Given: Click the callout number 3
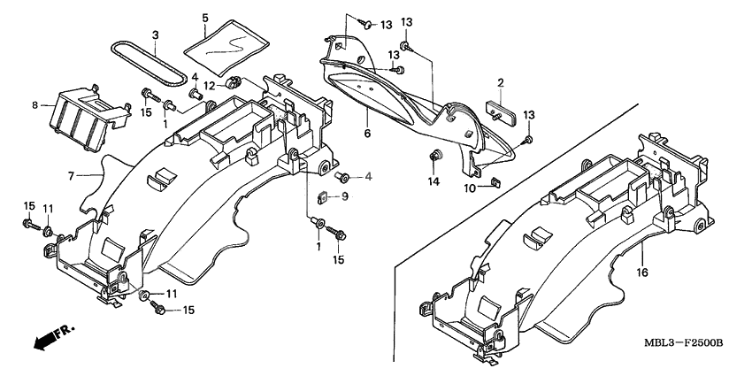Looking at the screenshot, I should [156, 35].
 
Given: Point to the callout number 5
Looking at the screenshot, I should [205, 18].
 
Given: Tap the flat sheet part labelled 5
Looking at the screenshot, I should [231, 45].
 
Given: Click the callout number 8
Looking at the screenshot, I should [36, 105].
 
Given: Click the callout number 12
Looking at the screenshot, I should [209, 86].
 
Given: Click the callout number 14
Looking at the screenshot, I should [434, 182].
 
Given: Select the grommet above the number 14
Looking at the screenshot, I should [434, 158].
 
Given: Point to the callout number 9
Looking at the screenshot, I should [345, 196].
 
